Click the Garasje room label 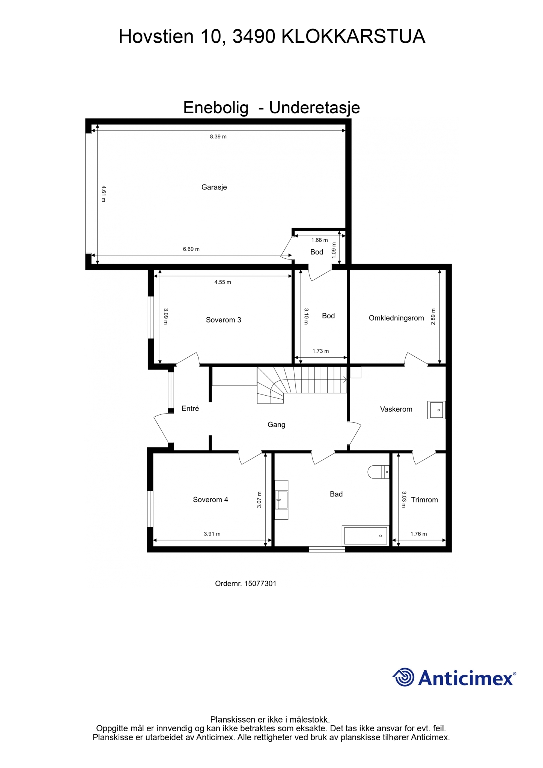tap(214, 187)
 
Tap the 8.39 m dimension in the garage tap(218, 136)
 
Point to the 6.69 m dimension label tap(191, 249)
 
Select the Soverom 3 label tap(223, 320)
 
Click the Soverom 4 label tap(210, 499)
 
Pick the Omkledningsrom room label tap(396, 318)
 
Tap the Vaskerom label tap(396, 409)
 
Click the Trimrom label tap(424, 499)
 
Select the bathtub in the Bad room tap(366, 535)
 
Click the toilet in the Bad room tap(378, 472)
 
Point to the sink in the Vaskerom tap(436, 410)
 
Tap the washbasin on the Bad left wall tap(281, 500)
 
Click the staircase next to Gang tap(301, 385)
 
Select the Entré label tap(190, 408)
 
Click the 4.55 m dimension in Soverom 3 tap(223, 282)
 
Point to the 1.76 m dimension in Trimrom tap(418, 534)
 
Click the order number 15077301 tap(260, 583)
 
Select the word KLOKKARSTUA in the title tap(353, 37)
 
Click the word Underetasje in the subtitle tap(314, 108)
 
